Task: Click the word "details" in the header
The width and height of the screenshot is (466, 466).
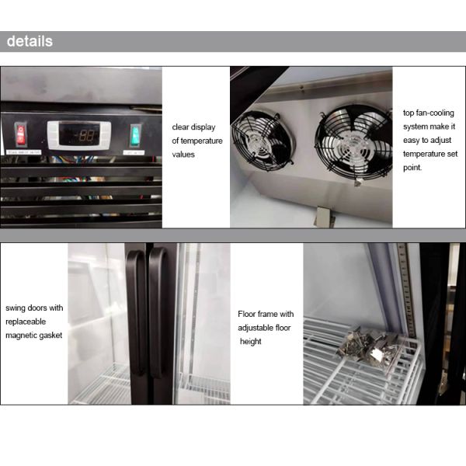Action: click(30, 42)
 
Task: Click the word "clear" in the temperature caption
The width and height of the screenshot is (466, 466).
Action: click(183, 127)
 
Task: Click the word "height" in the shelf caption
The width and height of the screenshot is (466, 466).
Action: click(251, 342)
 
